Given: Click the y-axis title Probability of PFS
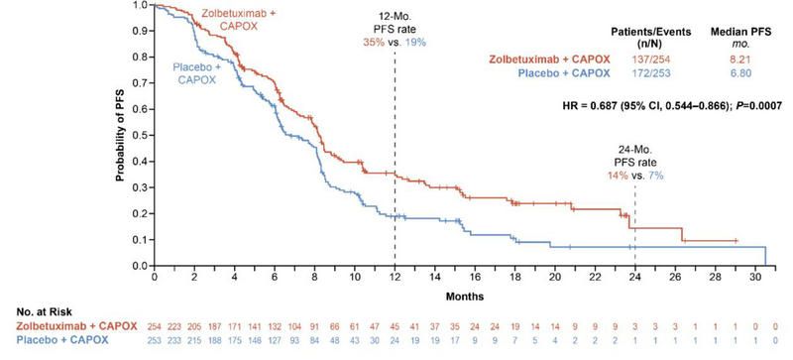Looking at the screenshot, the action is coord(120,135).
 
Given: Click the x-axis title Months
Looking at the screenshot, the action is coord(464,297).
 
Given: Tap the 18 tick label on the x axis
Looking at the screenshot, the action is coord(514,279).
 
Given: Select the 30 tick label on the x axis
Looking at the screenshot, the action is coord(755,279).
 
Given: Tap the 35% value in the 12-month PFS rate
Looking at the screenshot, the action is coord(374,43).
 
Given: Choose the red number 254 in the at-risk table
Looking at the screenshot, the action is coord(155,326).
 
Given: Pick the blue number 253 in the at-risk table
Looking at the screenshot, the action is coord(155,340).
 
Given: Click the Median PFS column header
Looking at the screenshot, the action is coord(739,32).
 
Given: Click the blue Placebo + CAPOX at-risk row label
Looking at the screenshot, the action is coord(62,340).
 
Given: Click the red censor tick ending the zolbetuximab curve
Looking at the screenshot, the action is coord(736,241).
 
